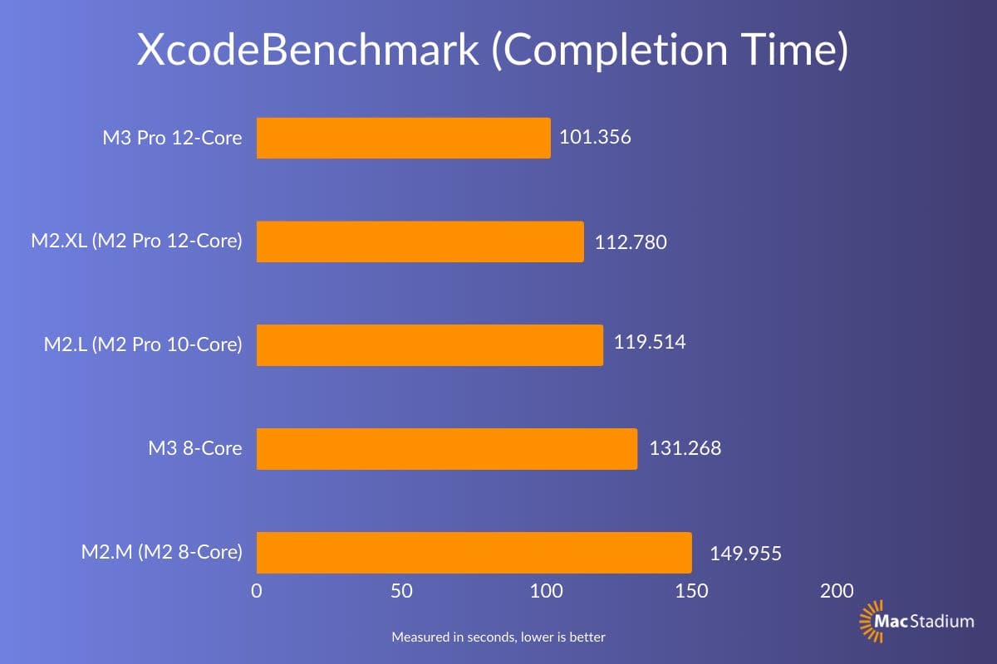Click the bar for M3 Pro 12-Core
(403, 138)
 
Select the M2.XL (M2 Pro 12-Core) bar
(420, 242)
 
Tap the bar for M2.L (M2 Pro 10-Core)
(430, 345)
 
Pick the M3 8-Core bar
(446, 449)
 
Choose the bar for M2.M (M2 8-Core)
(474, 553)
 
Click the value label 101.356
(595, 137)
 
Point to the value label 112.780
(631, 242)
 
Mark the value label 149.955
(745, 554)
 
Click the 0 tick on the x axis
(257, 591)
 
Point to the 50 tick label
(401, 591)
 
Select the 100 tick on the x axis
(547, 591)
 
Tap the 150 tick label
(691, 591)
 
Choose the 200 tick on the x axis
(836, 591)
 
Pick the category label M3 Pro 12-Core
(173, 138)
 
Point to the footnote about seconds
(498, 637)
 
